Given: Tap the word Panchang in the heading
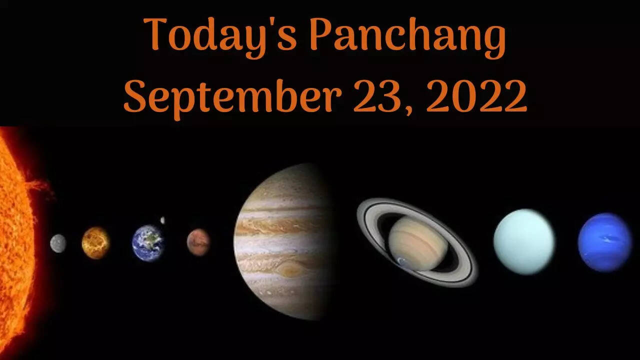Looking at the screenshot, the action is pos(408,37).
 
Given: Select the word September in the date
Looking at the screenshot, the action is pos(232,98).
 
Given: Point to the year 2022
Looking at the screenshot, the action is pos(476,96).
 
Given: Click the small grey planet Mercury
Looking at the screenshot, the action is pos(58,243).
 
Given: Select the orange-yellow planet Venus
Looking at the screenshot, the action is pos(95,243).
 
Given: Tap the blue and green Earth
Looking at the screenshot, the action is pos(148,243).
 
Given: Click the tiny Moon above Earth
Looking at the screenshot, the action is pos(162,220).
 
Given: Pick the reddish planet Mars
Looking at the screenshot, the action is pos(198,242).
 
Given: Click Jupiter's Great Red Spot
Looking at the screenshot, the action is pos(289,269).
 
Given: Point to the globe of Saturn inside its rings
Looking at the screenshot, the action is pos(418,243).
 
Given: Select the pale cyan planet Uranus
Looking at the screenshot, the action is pos(524,241).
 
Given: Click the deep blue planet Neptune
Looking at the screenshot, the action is pos(605,242).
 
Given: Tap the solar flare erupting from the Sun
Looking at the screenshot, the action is pos(40,185).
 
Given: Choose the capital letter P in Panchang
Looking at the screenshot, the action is pos(321,34).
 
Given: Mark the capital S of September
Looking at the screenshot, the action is pos(135,96).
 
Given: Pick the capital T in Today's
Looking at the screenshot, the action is pos(155,33).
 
